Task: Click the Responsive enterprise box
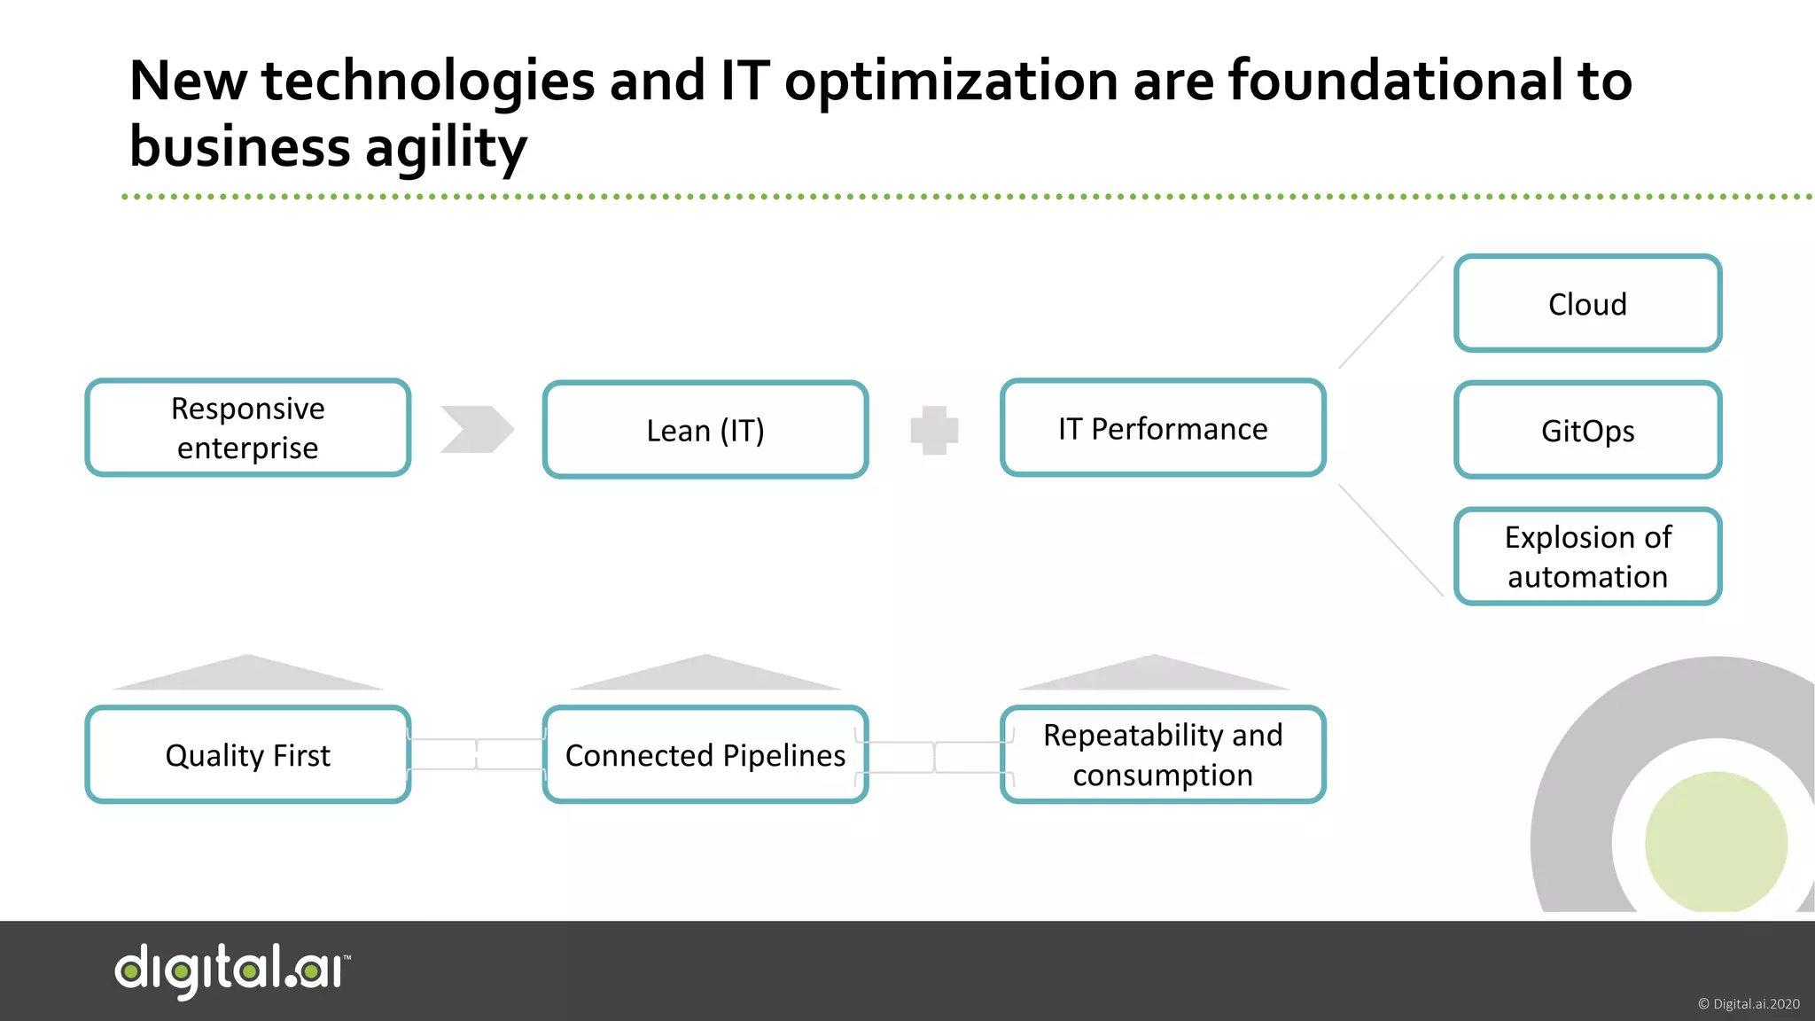click(248, 428)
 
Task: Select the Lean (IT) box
click(705, 430)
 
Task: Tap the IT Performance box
click(1163, 428)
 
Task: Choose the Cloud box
click(1587, 304)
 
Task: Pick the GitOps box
click(1587, 430)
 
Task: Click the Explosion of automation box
click(1587, 557)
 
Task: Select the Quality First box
click(248, 755)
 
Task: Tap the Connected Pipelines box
click(705, 755)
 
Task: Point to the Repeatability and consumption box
click(1163, 755)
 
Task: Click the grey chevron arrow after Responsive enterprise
click(477, 429)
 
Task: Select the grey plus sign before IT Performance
click(934, 430)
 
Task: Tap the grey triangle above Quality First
click(248, 675)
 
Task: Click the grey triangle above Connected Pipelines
click(705, 675)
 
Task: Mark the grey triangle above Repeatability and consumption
click(1154, 675)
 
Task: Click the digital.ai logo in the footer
click(232, 970)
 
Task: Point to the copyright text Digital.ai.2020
click(1749, 1004)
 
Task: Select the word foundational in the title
click(1395, 81)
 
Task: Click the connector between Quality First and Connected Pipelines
click(477, 754)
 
